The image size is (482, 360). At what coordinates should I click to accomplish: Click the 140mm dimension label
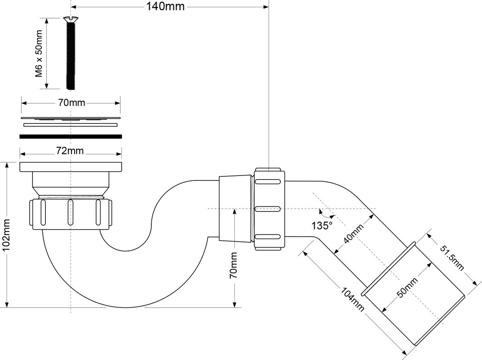165,6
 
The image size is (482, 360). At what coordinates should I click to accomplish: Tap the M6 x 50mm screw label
39,54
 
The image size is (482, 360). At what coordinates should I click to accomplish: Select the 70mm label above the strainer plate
71,102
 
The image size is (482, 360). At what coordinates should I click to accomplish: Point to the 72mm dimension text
70,151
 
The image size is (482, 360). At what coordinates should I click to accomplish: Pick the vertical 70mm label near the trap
234,265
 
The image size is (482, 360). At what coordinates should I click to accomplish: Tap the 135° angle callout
322,225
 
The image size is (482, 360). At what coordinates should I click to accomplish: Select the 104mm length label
352,299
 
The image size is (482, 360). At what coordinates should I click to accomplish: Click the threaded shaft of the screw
70,56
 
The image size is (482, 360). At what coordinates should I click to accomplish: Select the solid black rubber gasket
71,136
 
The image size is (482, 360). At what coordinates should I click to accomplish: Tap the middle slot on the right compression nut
268,209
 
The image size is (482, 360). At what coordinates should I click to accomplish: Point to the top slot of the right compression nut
268,181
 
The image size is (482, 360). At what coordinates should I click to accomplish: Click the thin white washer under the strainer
70,125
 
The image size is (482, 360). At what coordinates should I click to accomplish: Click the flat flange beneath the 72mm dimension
71,167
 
